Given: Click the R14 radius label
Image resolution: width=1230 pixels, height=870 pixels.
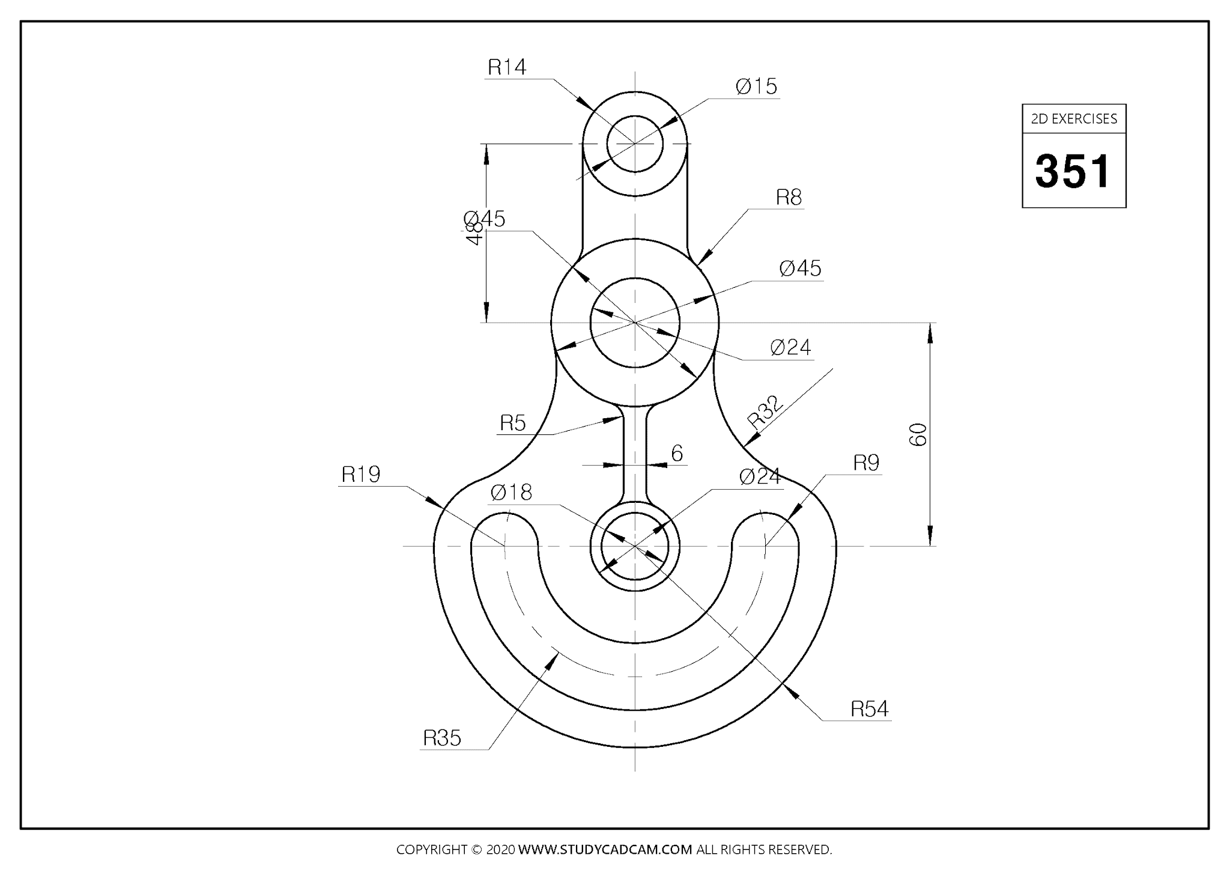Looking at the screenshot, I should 507,67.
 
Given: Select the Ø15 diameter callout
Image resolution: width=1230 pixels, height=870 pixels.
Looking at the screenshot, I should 756,87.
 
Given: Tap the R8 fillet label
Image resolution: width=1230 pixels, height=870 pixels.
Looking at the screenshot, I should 789,197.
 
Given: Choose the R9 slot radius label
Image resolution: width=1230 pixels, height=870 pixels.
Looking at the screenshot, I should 866,463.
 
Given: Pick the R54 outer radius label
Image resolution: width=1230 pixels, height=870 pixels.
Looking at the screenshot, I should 869,709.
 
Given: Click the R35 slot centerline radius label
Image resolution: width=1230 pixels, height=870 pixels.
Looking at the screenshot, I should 442,738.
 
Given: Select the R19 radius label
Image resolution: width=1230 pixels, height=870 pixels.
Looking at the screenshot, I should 361,475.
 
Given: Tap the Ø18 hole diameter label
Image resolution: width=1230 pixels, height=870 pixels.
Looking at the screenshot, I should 511,493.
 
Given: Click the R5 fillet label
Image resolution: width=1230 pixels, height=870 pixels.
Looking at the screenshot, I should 513,424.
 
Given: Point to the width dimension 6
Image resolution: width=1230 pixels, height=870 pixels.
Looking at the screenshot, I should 677,454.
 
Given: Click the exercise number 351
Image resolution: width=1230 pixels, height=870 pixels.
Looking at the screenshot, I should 1073,171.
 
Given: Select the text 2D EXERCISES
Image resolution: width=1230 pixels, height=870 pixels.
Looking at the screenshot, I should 1074,119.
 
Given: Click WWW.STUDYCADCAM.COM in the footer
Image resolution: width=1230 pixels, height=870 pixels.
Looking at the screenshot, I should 605,850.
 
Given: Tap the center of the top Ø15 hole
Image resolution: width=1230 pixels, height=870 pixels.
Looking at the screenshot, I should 635,144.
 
